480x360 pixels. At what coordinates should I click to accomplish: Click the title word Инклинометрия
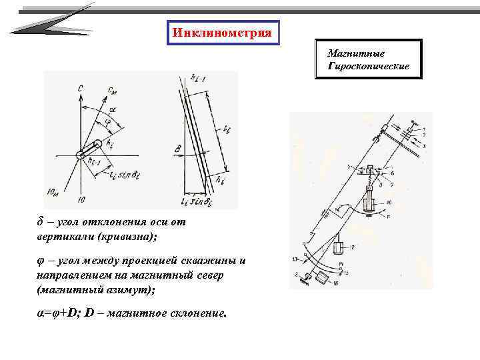tap(222, 33)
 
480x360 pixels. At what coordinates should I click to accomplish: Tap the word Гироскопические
tap(369, 67)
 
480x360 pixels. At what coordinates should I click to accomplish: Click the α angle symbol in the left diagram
tap(113, 107)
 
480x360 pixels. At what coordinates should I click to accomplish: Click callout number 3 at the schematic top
tap(425, 145)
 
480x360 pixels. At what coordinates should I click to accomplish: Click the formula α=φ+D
tap(60, 313)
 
